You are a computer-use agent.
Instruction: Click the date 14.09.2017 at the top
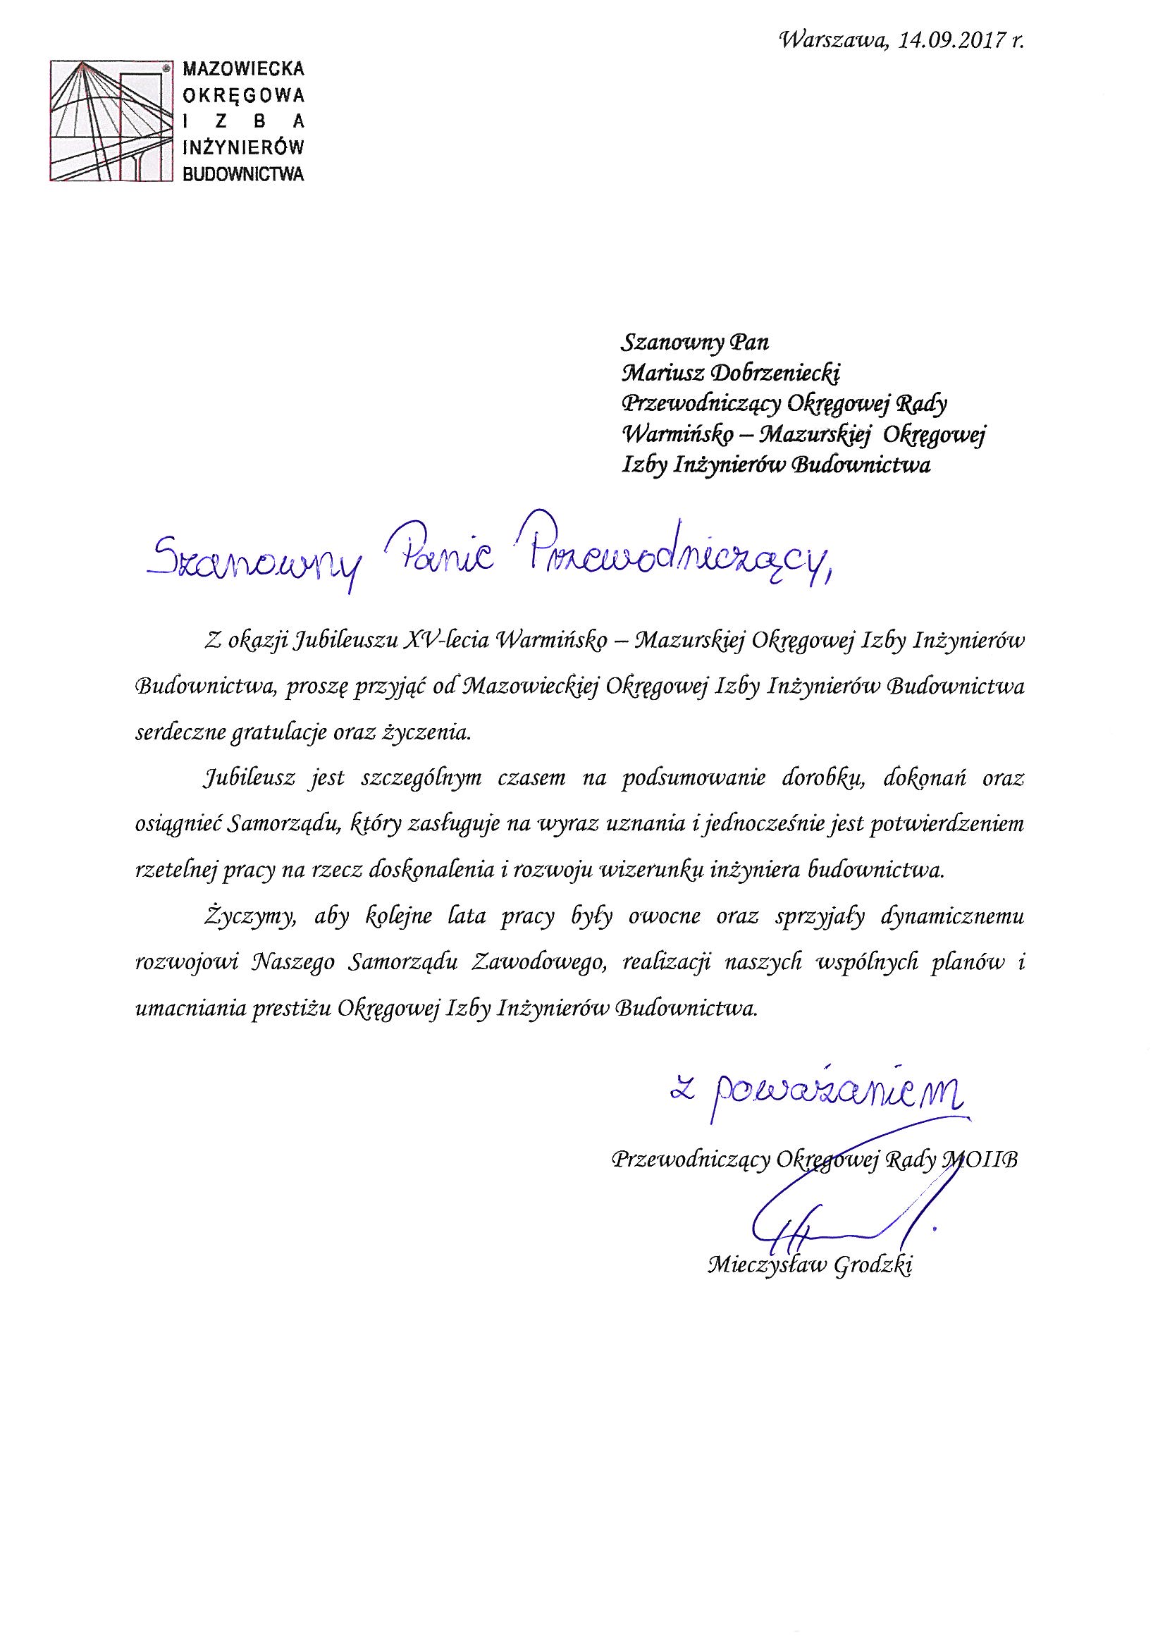[x=942, y=41]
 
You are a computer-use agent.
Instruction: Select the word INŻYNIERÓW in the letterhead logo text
[x=244, y=147]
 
